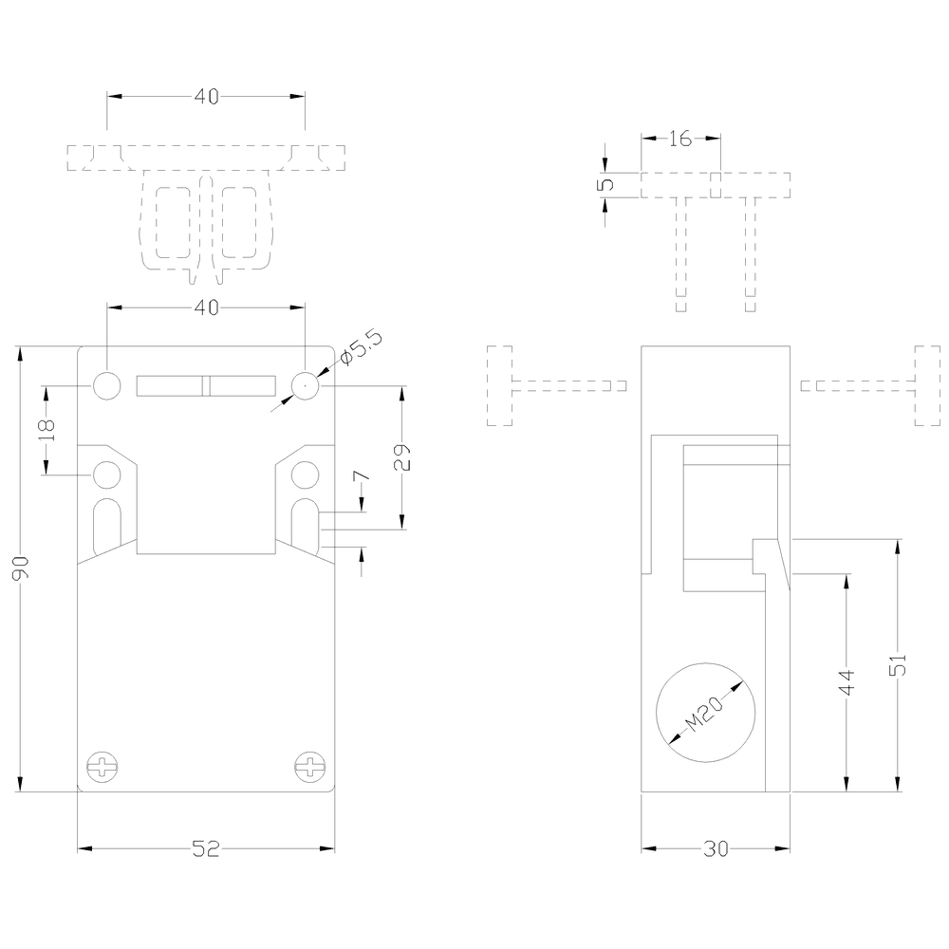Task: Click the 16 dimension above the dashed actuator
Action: (x=679, y=140)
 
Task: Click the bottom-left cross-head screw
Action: (x=101, y=766)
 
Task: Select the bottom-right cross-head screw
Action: (x=309, y=766)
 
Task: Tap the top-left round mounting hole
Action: (x=107, y=385)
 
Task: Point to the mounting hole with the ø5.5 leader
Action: (x=304, y=385)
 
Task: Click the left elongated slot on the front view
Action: (x=107, y=525)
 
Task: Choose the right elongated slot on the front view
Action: (x=304, y=525)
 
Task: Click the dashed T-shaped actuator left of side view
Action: (x=531, y=386)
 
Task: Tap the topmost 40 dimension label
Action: (x=206, y=97)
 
